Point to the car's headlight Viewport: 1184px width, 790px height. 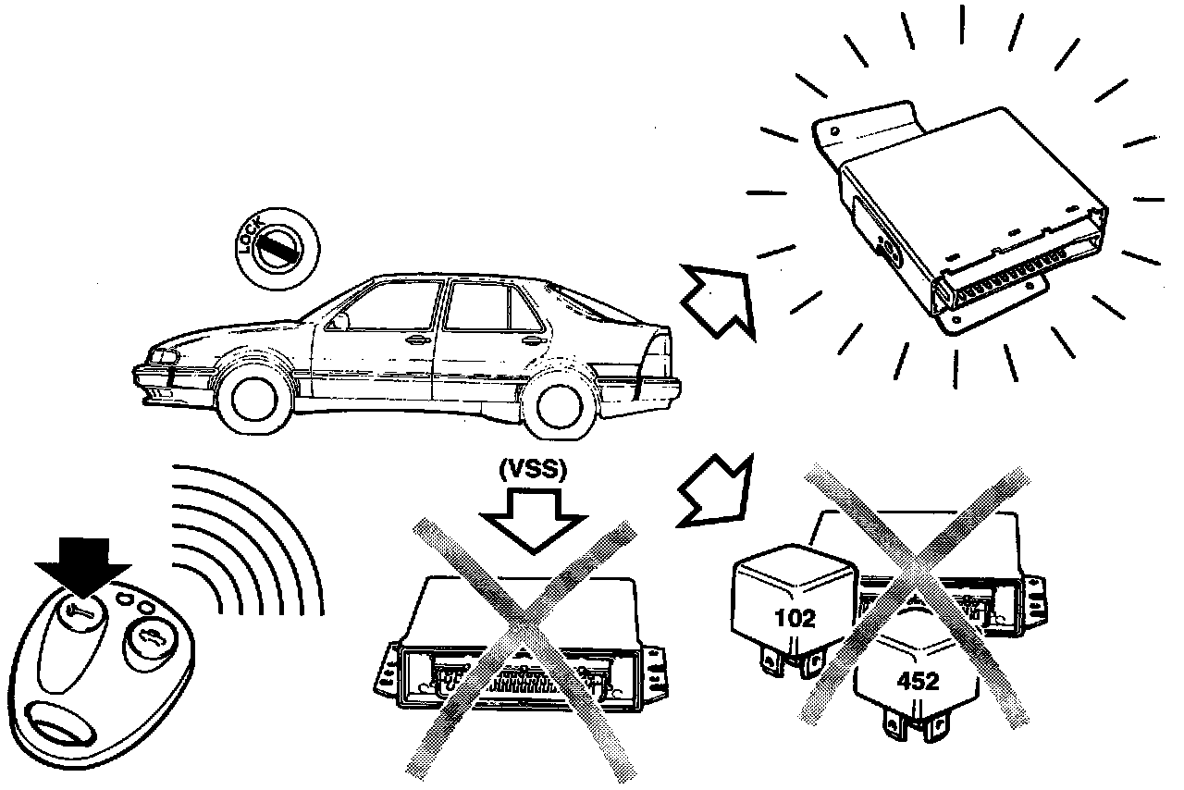pos(161,358)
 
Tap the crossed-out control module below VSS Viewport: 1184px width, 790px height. pos(518,648)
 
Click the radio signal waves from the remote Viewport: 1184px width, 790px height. pos(250,546)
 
